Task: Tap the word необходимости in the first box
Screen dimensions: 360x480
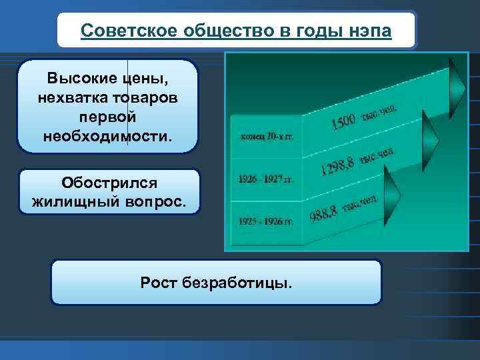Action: coord(107,135)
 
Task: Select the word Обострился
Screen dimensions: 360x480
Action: coord(109,182)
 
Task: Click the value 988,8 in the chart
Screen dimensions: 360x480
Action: coord(324,212)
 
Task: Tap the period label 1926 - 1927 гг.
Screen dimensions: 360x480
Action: coord(265,179)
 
